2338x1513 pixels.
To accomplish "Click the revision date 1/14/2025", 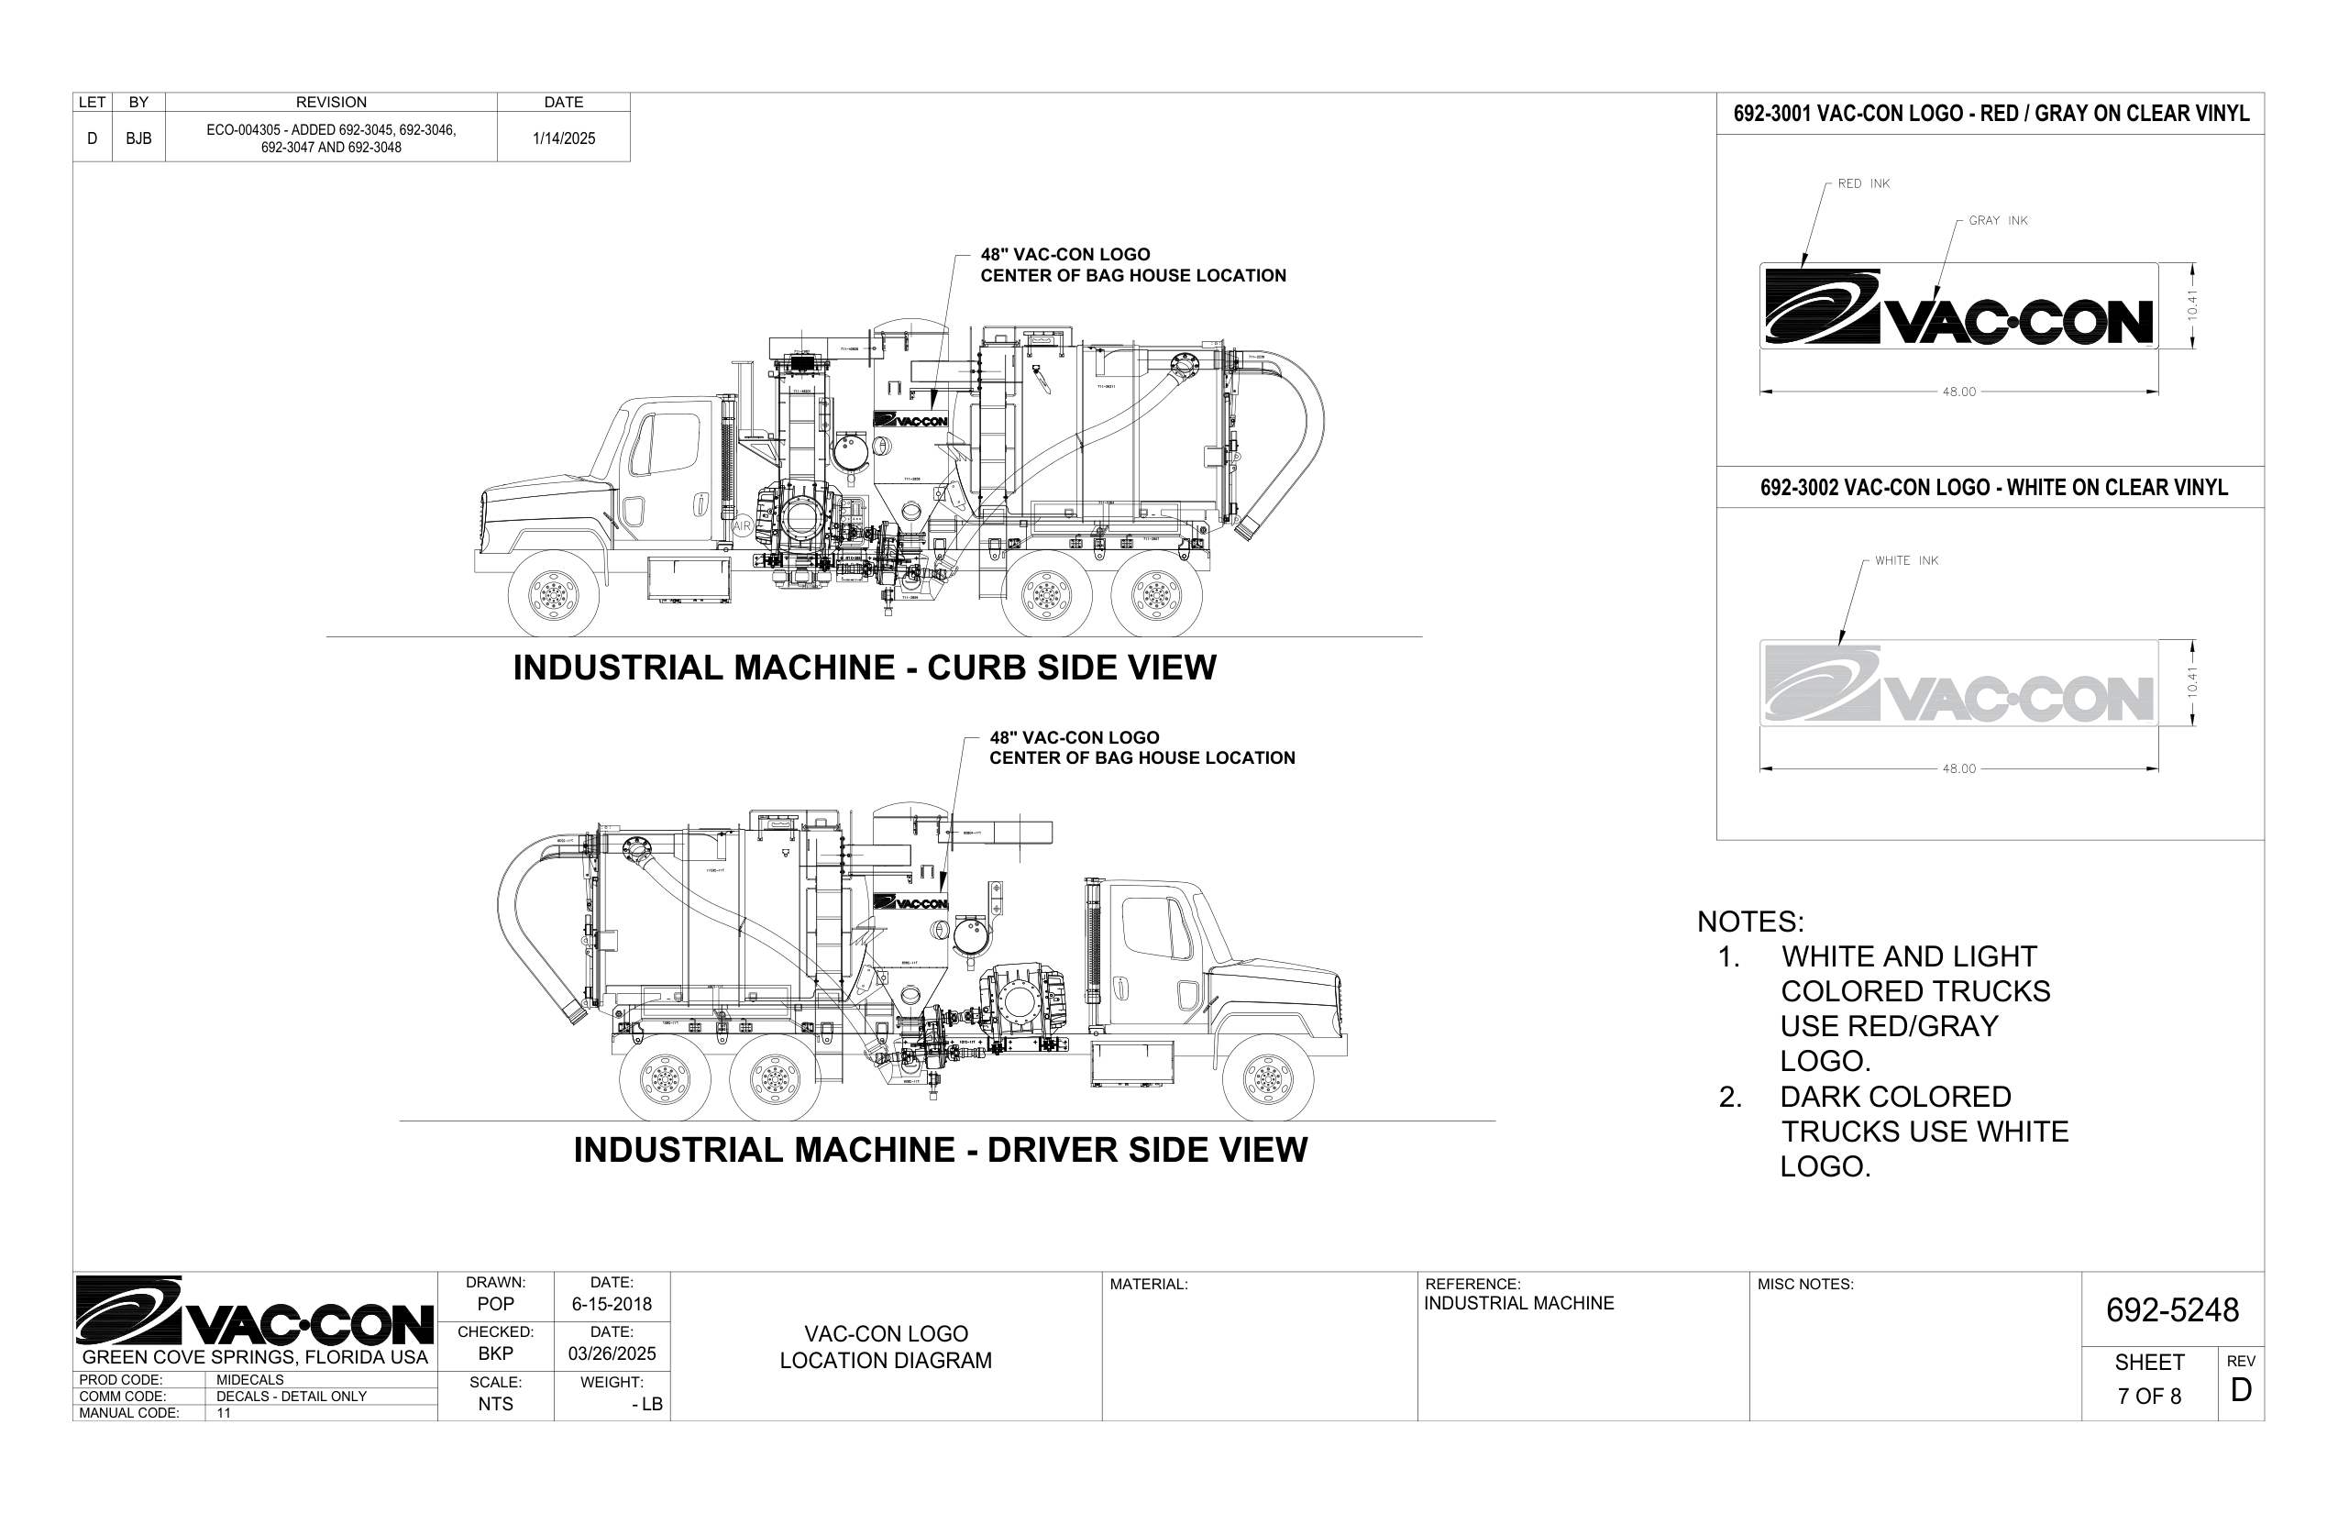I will pyautogui.click(x=564, y=138).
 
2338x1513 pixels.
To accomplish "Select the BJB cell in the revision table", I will pyautogui.click(x=138, y=138).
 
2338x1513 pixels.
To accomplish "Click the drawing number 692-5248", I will pyautogui.click(x=2172, y=1309).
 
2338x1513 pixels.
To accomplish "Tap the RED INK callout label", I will pyautogui.click(x=1863, y=183).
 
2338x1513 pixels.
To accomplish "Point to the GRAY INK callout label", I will pyautogui.click(x=1998, y=221).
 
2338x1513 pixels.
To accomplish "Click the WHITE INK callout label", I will pyautogui.click(x=1906, y=561).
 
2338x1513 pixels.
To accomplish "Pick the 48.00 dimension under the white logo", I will pyautogui.click(x=1958, y=769).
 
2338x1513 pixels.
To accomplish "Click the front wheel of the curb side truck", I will pyautogui.click(x=553, y=593).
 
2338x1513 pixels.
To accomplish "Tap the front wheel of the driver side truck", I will pyautogui.click(x=1267, y=1077).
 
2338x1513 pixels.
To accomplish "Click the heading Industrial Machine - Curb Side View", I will pyautogui.click(x=865, y=668).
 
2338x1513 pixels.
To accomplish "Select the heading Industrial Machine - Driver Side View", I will pyautogui.click(x=940, y=1150).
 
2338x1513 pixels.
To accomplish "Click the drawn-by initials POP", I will pyautogui.click(x=495, y=1305).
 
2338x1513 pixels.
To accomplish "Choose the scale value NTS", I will pyautogui.click(x=495, y=1404).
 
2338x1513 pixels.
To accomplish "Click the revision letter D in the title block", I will pyautogui.click(x=2241, y=1390).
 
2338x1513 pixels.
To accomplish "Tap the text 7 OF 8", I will pyautogui.click(x=2149, y=1396).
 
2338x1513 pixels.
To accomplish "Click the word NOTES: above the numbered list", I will pyautogui.click(x=1750, y=922).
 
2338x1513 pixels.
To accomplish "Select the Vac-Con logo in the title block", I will pyautogui.click(x=255, y=1310).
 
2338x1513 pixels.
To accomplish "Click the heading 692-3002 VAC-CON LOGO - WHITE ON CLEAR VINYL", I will pyautogui.click(x=1993, y=487).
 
